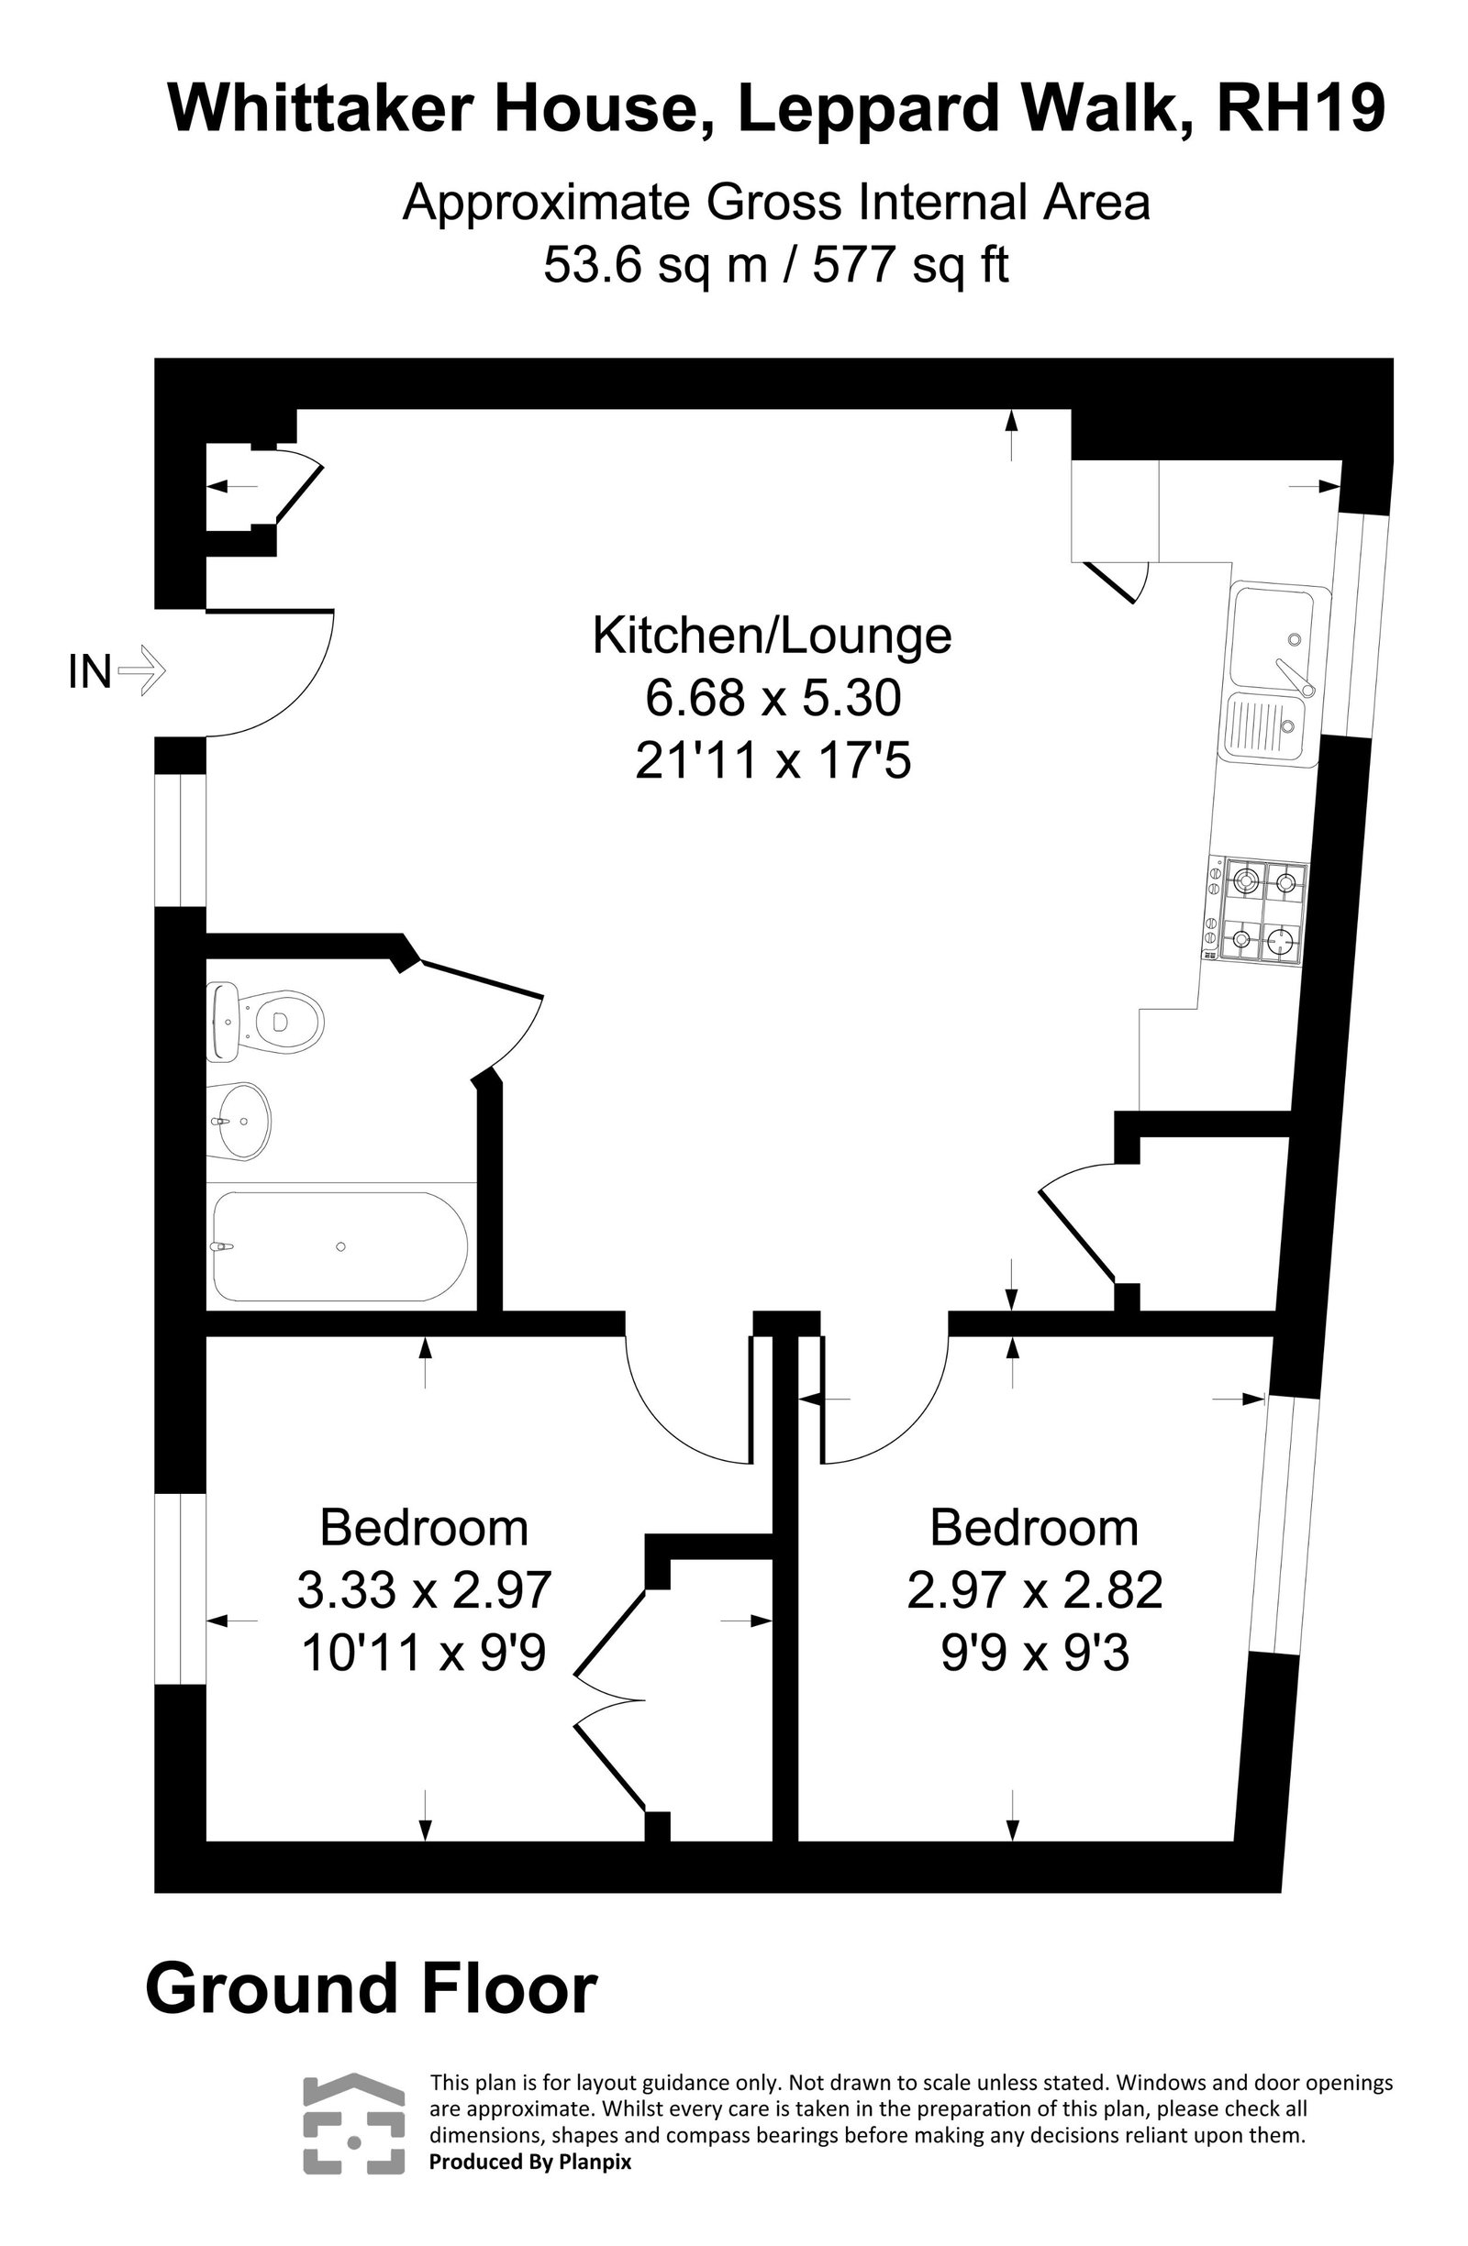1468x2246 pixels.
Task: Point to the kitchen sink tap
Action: click(x=1292, y=673)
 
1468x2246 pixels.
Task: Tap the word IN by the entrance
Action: click(x=90, y=673)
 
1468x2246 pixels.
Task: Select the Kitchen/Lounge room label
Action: click(x=771, y=636)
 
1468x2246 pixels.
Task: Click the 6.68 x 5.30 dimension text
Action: click(x=773, y=698)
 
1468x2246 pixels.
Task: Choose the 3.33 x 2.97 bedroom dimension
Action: click(x=424, y=1590)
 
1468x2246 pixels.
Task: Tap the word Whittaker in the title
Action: click(x=319, y=107)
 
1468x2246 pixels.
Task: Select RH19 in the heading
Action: click(x=1299, y=107)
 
